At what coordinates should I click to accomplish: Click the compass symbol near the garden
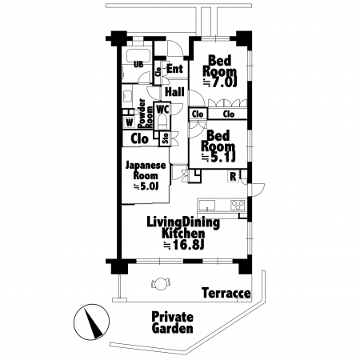(x=91, y=322)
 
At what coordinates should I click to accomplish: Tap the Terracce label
(x=226, y=293)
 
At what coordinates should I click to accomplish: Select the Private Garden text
(x=172, y=322)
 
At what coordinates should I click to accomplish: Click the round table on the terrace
(x=161, y=283)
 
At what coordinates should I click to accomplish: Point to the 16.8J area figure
(x=186, y=245)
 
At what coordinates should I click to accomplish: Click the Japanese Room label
(x=146, y=170)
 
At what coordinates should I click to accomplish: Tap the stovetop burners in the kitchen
(x=238, y=205)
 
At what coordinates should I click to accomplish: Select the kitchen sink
(x=206, y=206)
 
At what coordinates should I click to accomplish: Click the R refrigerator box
(x=233, y=176)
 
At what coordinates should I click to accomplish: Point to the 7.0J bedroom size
(x=221, y=83)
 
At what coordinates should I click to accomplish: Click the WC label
(x=162, y=109)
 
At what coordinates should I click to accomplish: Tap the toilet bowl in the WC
(x=162, y=122)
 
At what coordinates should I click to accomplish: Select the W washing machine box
(x=130, y=123)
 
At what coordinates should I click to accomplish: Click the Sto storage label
(x=166, y=138)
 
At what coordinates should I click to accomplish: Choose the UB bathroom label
(x=138, y=64)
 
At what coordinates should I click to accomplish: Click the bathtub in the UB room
(x=138, y=55)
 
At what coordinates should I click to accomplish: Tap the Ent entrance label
(x=175, y=69)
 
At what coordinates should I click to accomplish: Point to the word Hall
(x=174, y=92)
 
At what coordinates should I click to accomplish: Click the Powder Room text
(x=146, y=114)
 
